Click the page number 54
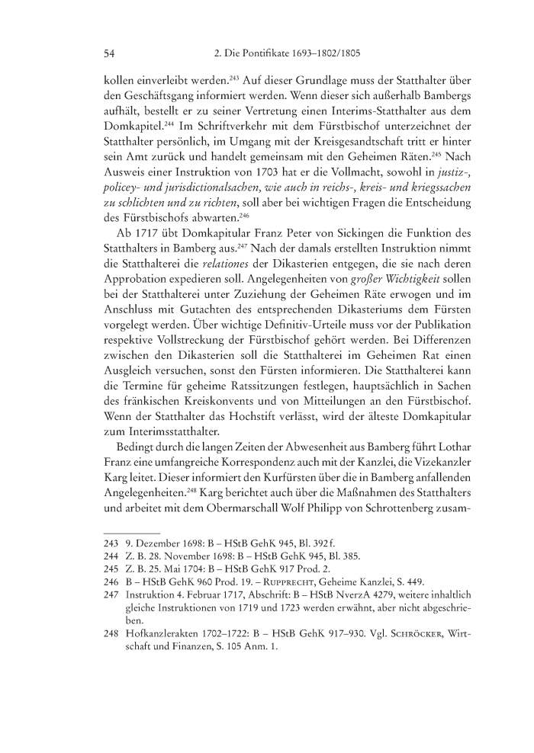pos(108,53)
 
